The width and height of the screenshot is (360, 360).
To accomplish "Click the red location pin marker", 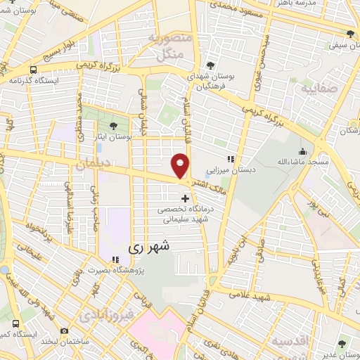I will click(x=181, y=166).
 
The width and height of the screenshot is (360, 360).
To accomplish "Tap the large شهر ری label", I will click(x=149, y=249).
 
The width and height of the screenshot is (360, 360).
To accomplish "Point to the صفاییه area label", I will click(x=319, y=89).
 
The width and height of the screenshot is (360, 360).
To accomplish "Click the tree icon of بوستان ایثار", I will click(x=103, y=126).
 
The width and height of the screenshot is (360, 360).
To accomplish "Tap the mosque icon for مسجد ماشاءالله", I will click(x=302, y=151).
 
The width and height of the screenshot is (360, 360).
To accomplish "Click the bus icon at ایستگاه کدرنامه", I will click(x=33, y=70).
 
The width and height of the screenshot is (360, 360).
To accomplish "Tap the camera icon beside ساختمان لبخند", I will click(x=65, y=330).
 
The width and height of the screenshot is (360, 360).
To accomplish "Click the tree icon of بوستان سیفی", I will click(x=350, y=34).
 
